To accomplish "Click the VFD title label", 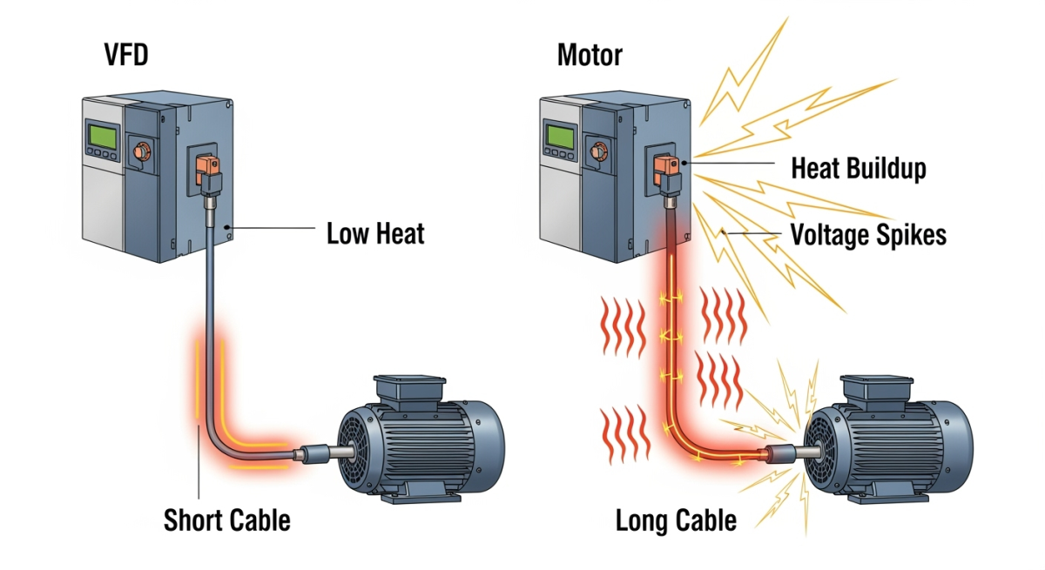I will pyautogui.click(x=126, y=56).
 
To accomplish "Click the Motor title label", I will pyautogui.click(x=590, y=56).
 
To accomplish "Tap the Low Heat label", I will pyautogui.click(x=375, y=233).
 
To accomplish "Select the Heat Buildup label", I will pyautogui.click(x=858, y=168).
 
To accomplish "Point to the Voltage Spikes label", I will pyautogui.click(x=867, y=234).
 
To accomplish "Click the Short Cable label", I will pyautogui.click(x=226, y=520).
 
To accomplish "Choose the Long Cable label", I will pyautogui.click(x=676, y=520).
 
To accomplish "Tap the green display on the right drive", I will pyautogui.click(x=562, y=137).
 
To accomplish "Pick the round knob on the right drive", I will pyautogui.click(x=597, y=151).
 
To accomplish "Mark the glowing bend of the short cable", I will pyautogui.click(x=218, y=435).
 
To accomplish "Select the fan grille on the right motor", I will pyautogui.click(x=823, y=453).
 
